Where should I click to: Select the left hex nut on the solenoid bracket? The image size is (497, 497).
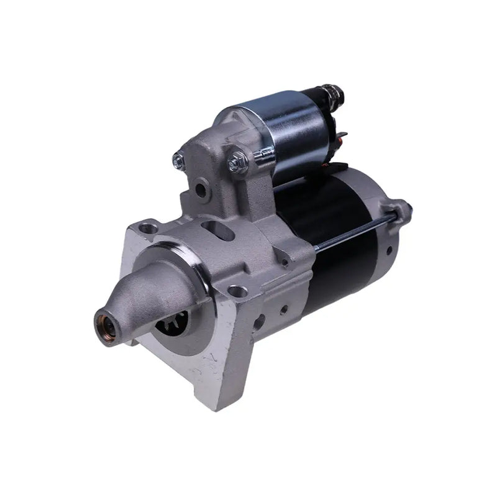[x=178, y=162]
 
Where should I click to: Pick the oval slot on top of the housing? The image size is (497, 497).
[x=218, y=231]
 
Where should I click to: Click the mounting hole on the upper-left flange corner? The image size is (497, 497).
[x=148, y=229]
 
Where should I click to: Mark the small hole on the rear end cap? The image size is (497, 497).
[x=390, y=250]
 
